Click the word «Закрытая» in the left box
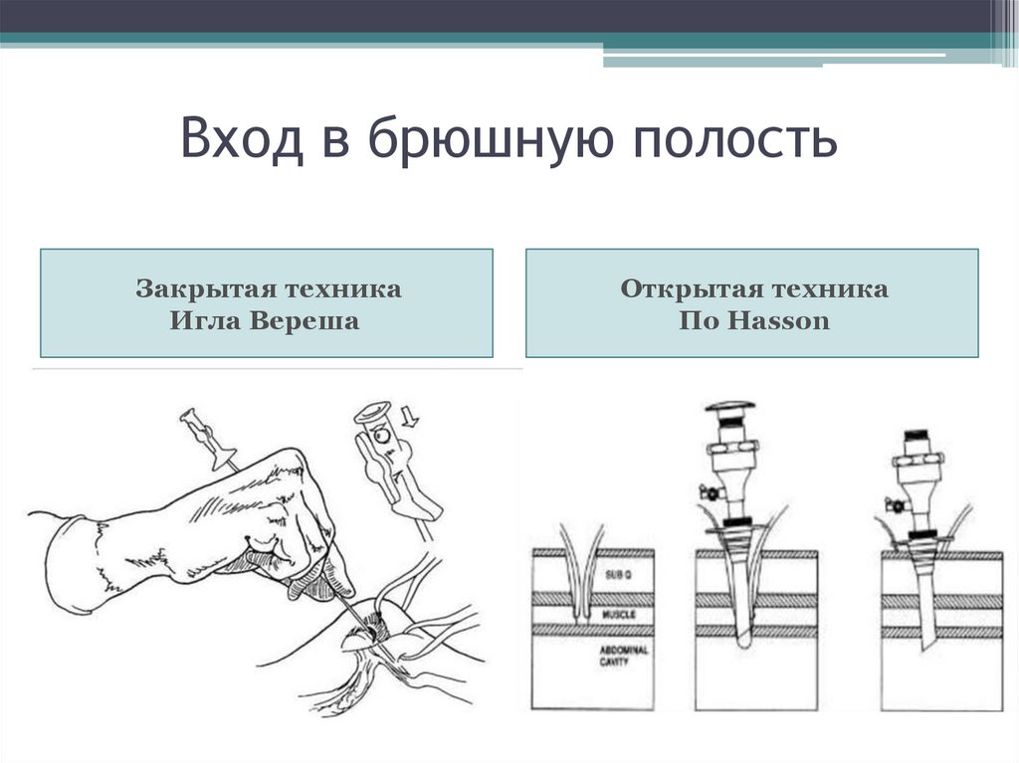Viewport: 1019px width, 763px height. pos(200,289)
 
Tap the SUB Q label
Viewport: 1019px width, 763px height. pos(613,576)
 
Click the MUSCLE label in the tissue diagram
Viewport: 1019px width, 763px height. pos(618,617)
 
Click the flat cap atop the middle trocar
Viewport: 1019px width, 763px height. pos(730,408)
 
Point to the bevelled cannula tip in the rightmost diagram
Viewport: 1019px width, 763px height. pos(927,642)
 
